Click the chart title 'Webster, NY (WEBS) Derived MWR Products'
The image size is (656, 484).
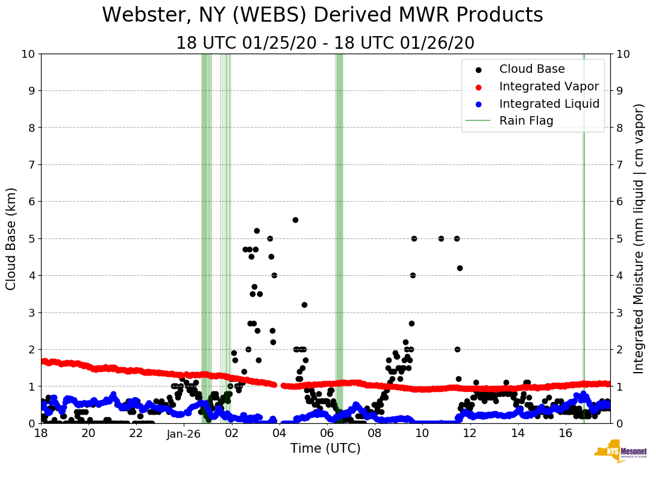pyautogui.click(x=322, y=15)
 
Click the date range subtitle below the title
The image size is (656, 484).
pyautogui.click(x=325, y=43)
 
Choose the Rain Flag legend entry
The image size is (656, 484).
pyautogui.click(x=526, y=120)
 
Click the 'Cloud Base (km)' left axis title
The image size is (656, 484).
pyautogui.click(x=11, y=238)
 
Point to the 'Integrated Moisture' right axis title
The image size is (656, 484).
pyautogui.click(x=639, y=238)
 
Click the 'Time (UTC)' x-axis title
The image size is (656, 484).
pyautogui.click(x=325, y=448)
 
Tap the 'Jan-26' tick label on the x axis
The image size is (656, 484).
pyautogui.click(x=184, y=433)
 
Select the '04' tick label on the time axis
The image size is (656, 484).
pyautogui.click(x=279, y=433)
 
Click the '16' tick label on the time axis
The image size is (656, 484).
pyautogui.click(x=565, y=433)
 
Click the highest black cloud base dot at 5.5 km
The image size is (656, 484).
pyautogui.click(x=295, y=220)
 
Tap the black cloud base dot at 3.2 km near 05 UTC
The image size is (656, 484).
pyautogui.click(x=304, y=305)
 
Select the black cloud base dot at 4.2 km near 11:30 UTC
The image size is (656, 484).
pyautogui.click(x=460, y=268)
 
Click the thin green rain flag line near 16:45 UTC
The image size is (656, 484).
pyautogui.click(x=583, y=241)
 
